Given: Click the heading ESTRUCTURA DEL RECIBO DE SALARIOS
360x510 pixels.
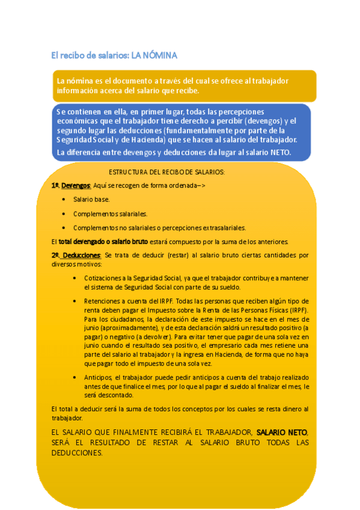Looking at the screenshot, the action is point(166,172).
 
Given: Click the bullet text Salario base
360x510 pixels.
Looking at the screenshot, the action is point(91,198).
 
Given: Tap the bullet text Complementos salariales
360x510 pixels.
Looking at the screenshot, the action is point(110,214).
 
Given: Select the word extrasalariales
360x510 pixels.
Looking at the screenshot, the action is point(220,228).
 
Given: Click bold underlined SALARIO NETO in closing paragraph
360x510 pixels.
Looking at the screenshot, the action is point(282,432).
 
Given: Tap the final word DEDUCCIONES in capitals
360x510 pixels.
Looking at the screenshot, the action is point(77,453).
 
